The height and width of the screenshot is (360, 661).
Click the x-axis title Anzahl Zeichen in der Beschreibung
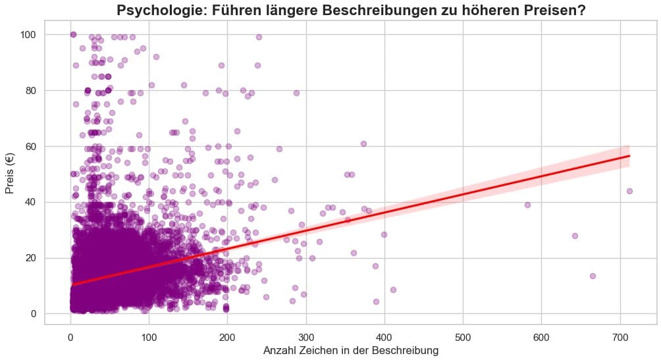click(350, 350)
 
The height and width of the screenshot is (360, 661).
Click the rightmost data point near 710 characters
click(629, 191)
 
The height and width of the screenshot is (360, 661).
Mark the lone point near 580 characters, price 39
click(527, 205)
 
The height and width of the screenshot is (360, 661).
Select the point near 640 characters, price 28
click(575, 236)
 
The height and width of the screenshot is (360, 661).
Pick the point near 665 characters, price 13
click(593, 276)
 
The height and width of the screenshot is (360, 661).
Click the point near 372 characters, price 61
click(363, 143)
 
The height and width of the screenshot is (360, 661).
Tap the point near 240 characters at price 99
click(259, 37)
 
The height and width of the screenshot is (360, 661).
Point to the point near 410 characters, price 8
click(393, 290)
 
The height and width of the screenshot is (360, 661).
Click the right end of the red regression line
click(629, 156)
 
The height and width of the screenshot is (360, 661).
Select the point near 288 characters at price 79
click(296, 93)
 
